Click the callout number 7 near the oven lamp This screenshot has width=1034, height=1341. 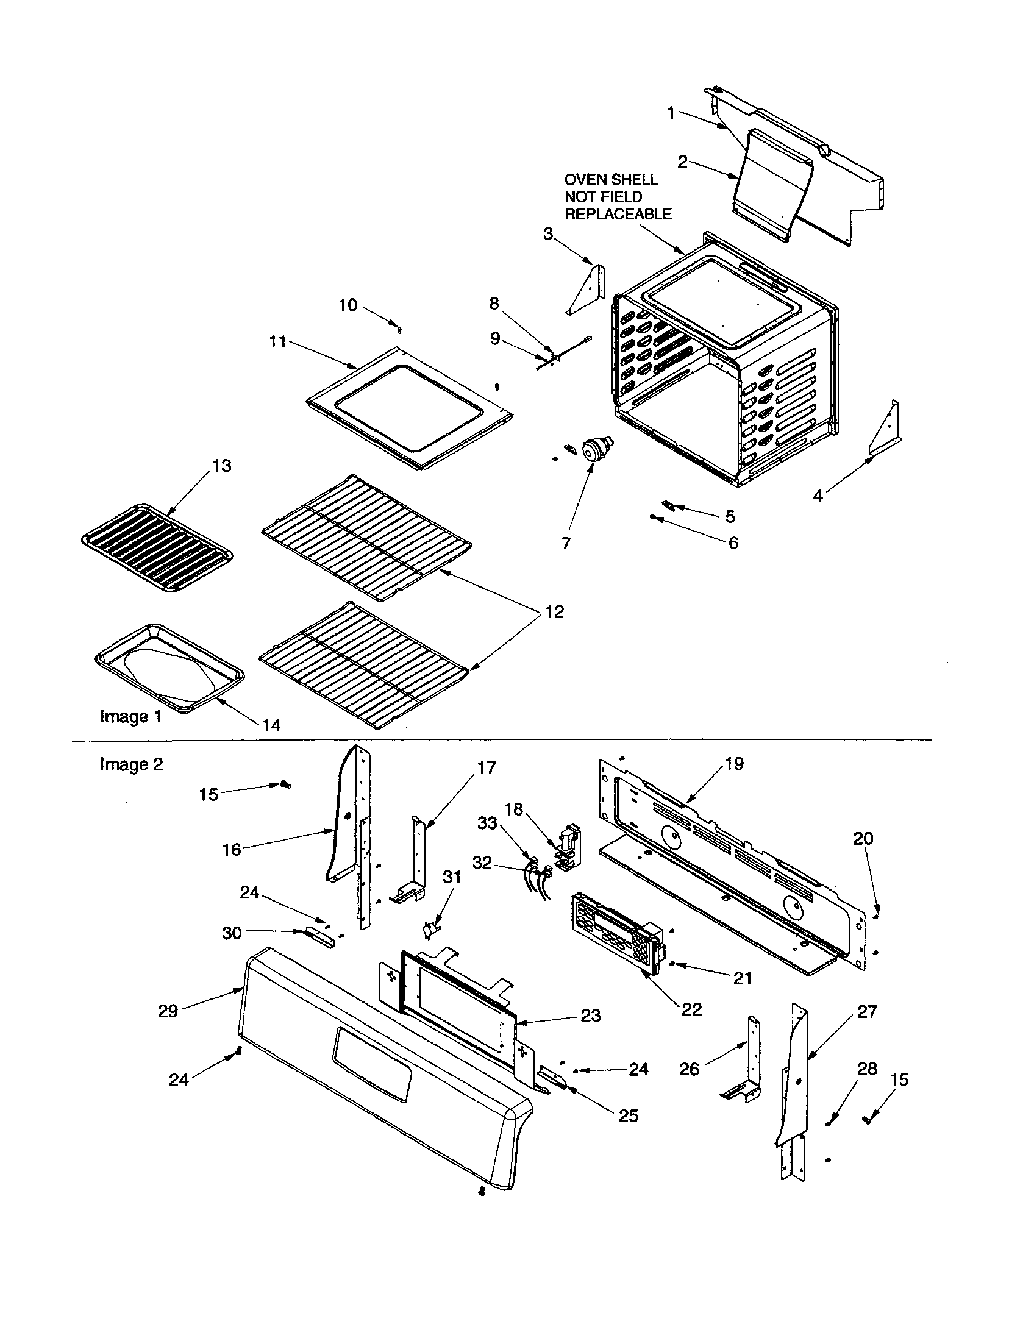[x=566, y=542]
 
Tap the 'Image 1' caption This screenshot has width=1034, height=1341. [x=131, y=717]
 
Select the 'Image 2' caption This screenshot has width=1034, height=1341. [x=132, y=764]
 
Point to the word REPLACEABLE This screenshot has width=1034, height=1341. [x=618, y=215]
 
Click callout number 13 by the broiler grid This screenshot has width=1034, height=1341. [x=221, y=466]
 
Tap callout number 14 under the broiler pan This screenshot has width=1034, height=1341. [x=271, y=725]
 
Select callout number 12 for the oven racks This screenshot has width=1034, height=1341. [x=554, y=612]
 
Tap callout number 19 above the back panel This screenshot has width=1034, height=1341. [x=734, y=764]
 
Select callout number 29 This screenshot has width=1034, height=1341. [x=168, y=1011]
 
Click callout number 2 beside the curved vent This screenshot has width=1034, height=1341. [x=682, y=162]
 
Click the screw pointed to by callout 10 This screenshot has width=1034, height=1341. [x=401, y=329]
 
